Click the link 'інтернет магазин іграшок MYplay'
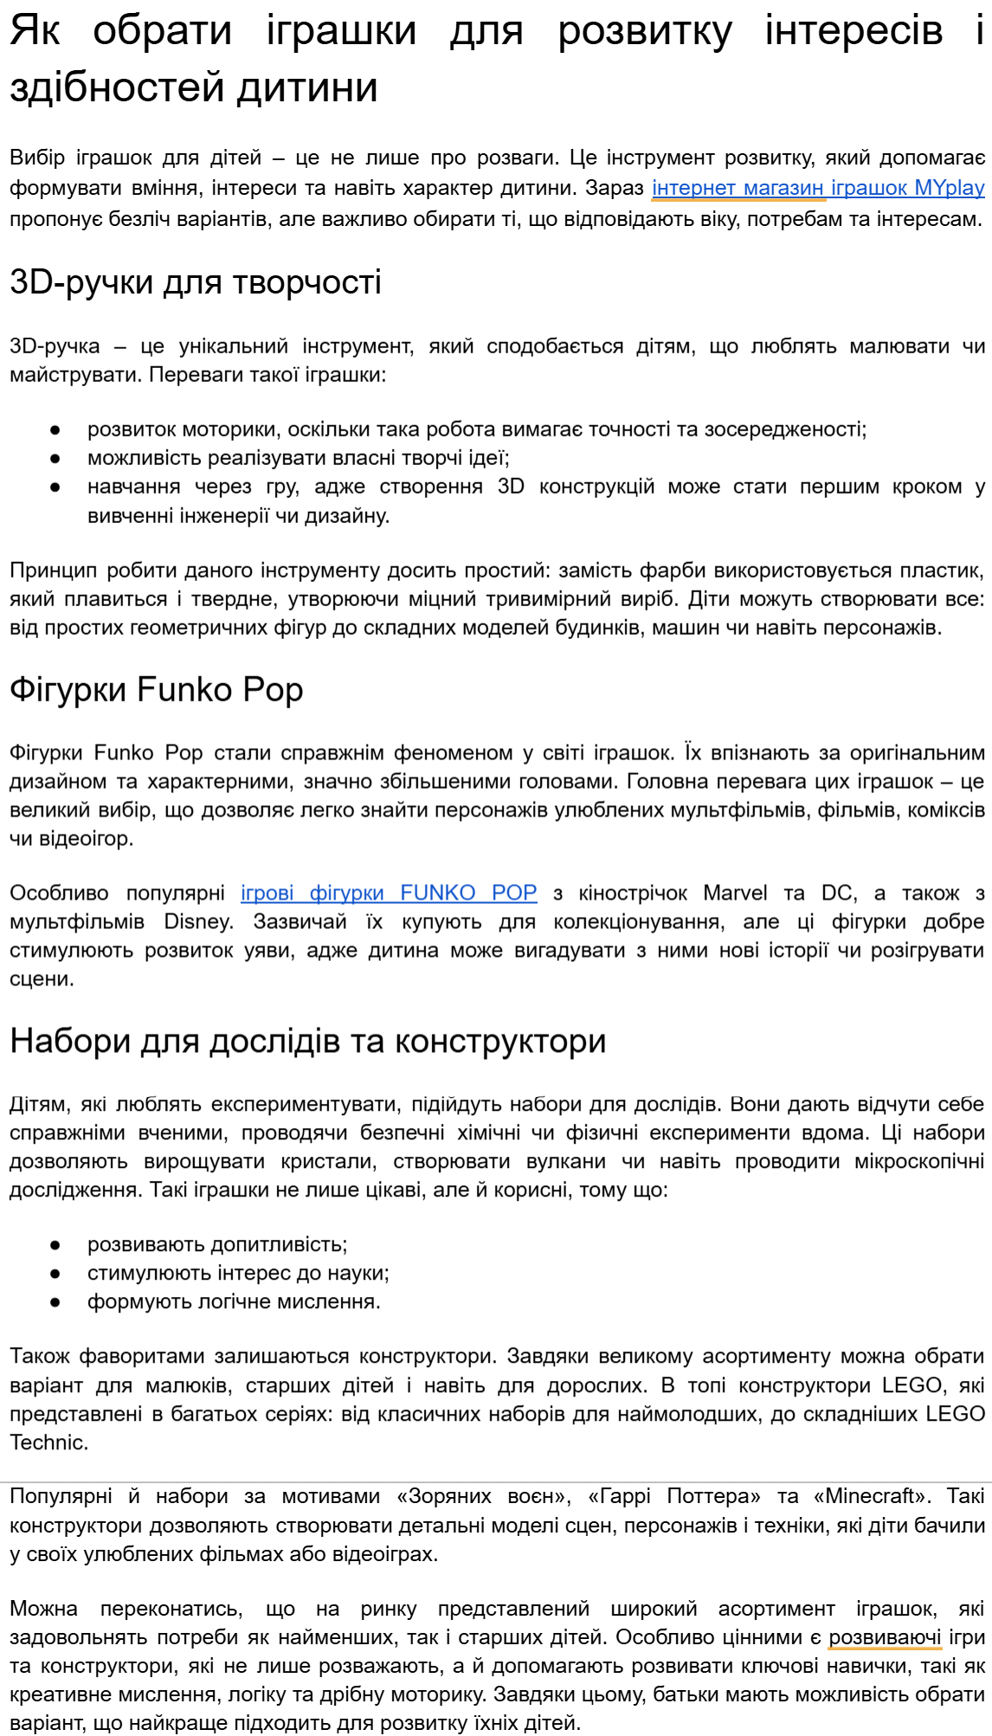[x=817, y=188]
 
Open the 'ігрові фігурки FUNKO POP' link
[x=388, y=893]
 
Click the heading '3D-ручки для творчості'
[x=196, y=282]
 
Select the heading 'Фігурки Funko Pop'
[x=157, y=690]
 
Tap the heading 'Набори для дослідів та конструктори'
[x=307, y=1041]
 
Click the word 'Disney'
[x=197, y=921]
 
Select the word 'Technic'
[x=47, y=1442]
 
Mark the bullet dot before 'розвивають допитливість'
[x=55, y=1245]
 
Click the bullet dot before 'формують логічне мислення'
[x=55, y=1302]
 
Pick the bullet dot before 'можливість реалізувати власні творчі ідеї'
[x=55, y=458]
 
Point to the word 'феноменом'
[x=453, y=752]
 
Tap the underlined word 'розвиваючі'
[x=885, y=1637]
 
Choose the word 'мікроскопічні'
[x=919, y=1161]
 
